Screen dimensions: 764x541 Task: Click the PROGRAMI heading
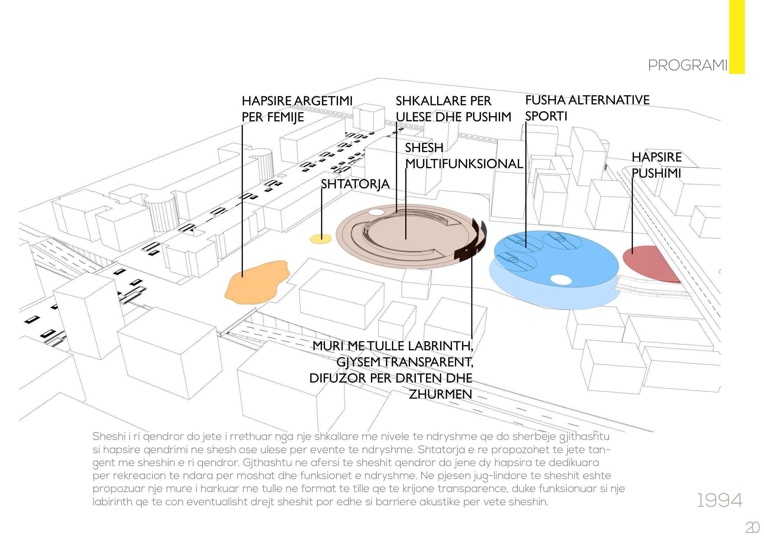click(x=688, y=66)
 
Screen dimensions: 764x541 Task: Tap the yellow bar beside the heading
click(x=737, y=37)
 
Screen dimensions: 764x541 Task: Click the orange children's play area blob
click(x=256, y=283)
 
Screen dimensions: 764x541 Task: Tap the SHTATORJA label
click(x=355, y=184)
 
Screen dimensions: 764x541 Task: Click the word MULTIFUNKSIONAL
click(x=464, y=163)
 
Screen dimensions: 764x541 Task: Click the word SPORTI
click(x=546, y=116)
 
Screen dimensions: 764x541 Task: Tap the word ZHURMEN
click(x=440, y=394)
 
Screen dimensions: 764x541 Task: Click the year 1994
click(x=719, y=500)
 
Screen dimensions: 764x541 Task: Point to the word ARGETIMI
click(x=323, y=101)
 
